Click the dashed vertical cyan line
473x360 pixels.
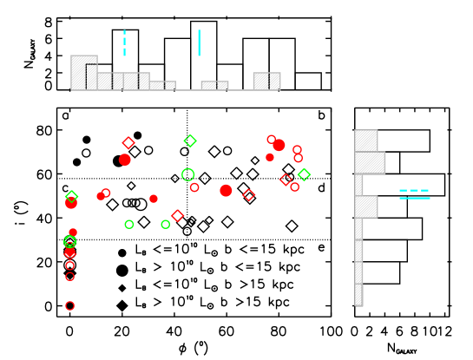coord(124,43)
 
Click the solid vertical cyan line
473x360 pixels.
coord(199,43)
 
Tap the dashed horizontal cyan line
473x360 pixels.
coord(414,190)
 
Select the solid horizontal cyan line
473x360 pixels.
coord(414,198)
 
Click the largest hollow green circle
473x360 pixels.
coord(187,174)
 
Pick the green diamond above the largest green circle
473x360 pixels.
coord(190,141)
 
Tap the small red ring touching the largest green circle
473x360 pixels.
coord(194,187)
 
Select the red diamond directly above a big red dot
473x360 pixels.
coord(128,143)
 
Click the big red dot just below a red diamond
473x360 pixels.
coord(125,160)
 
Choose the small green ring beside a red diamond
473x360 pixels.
coord(166,225)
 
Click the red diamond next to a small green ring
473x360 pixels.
coord(178,215)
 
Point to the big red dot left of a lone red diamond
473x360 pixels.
coord(226,190)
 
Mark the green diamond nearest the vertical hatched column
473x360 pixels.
coord(304,174)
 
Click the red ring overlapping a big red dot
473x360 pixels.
coord(272,140)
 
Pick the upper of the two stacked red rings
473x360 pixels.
coord(297,150)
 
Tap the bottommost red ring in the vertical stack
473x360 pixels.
coord(69,305)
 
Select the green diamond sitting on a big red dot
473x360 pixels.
coord(71,197)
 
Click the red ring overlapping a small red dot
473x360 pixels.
coord(106,193)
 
